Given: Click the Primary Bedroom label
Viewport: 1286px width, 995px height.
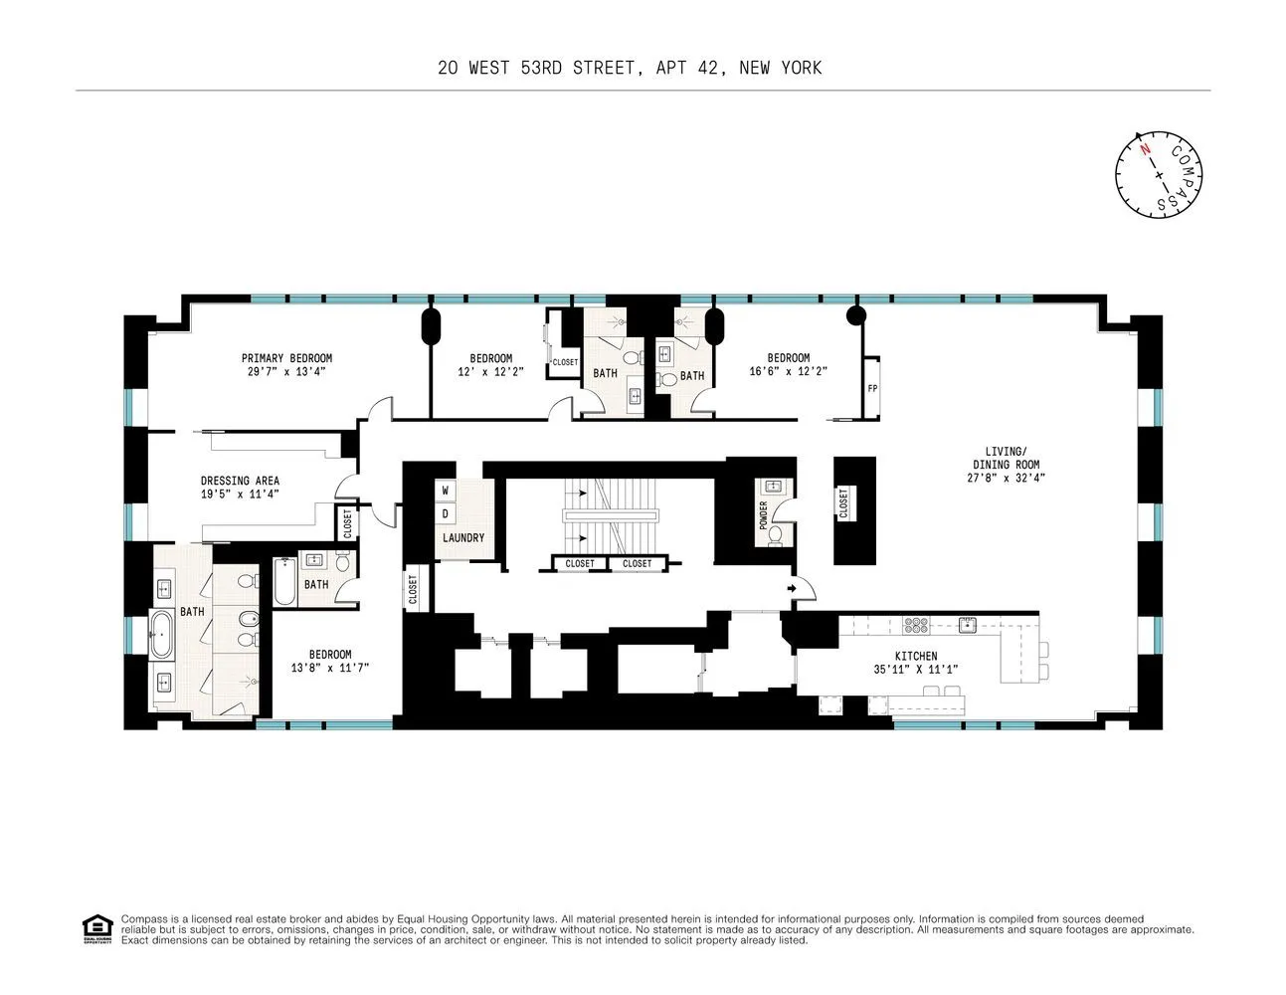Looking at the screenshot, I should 286,358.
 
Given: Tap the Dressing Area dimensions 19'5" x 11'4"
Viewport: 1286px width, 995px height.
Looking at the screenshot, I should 240,494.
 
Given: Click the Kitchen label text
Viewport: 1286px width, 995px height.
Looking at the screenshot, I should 915,657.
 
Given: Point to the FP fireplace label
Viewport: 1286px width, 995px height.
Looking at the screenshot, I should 872,388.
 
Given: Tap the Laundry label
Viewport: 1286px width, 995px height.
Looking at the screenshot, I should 463,538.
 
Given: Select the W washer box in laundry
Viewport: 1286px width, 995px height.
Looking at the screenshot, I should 446,491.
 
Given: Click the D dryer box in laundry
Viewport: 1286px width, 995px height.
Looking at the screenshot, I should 446,513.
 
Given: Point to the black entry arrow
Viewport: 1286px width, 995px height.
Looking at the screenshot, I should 792,590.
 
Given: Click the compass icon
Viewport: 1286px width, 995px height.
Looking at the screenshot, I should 1160,174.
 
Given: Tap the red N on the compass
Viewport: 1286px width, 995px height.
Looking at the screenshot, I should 1145,150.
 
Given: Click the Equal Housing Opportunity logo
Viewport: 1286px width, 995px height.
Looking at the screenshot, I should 96,929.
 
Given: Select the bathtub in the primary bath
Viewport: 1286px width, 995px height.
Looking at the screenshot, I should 161,636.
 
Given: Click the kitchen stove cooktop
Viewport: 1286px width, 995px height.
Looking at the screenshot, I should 915,625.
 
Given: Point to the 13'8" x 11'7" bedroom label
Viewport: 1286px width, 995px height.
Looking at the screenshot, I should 330,661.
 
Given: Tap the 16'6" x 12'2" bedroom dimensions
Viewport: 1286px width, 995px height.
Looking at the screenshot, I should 788,371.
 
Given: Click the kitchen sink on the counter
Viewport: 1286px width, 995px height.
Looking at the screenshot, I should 965,625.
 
